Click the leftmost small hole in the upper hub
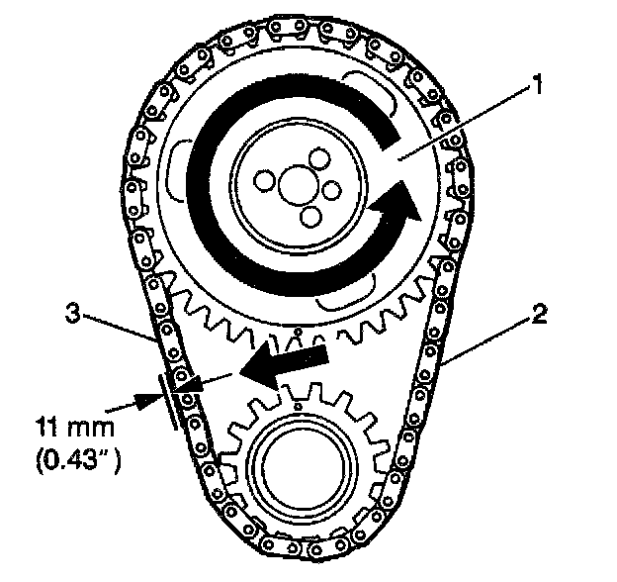pyautogui.click(x=262, y=181)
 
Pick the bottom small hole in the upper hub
pyautogui.click(x=309, y=216)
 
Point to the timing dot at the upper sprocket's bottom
pyautogui.click(x=297, y=332)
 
